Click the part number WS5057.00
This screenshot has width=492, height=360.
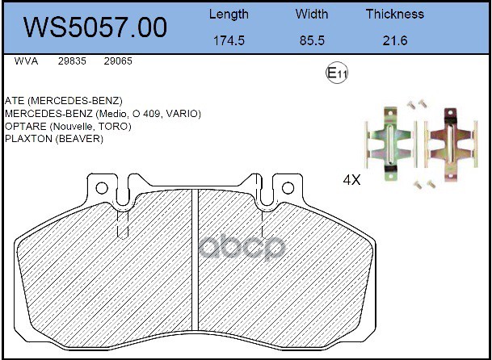pos(95,27)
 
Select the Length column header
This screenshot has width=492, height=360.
pos(229,15)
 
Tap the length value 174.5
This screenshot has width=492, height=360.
pos(229,40)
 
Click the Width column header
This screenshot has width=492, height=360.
pos(312,14)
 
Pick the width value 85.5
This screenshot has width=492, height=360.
pos(312,40)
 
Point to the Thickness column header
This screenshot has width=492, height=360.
pos(395,14)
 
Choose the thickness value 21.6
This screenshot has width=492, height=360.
pos(395,40)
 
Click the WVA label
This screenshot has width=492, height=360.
pos(26,61)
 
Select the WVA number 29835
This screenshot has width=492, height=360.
pos(72,61)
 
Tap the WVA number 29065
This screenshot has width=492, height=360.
pos(118,61)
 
